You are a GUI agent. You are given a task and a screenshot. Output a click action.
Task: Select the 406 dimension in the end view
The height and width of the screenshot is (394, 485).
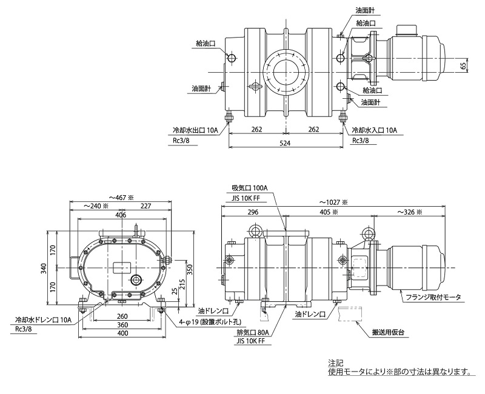[121, 215]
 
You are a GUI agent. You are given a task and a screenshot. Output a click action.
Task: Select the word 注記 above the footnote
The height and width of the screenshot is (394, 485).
[335, 362]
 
